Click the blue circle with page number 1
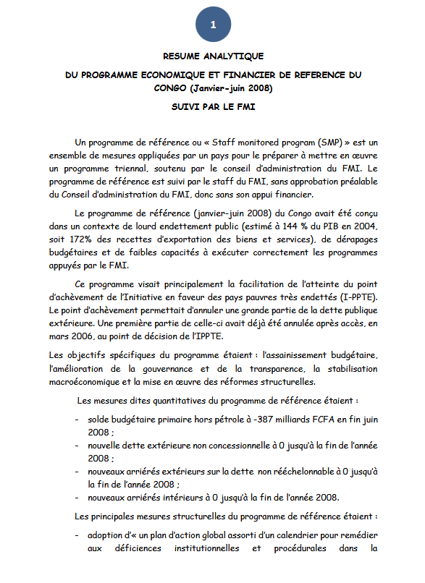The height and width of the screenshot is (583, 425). pos(213,25)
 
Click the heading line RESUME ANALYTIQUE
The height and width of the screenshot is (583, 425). pos(213,56)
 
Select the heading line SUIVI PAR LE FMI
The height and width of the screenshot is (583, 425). pos(213,106)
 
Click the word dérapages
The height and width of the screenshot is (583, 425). pos(358,239)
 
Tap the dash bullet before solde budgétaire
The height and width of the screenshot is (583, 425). pos(77,419)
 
